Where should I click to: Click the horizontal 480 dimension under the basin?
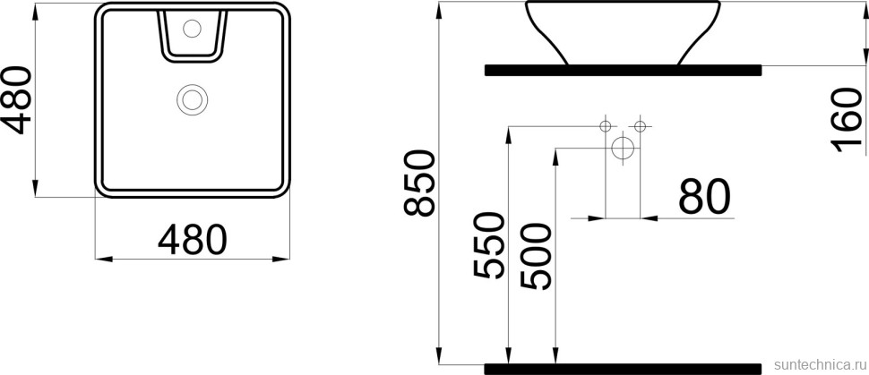(x=192, y=238)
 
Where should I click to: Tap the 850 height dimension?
(x=418, y=184)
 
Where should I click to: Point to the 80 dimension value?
(x=703, y=197)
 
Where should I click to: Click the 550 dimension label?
(x=488, y=246)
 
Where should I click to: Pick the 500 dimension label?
(x=536, y=255)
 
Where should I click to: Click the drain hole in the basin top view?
(x=192, y=98)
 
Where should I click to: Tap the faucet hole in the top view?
(x=191, y=30)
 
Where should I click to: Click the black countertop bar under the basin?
(x=623, y=69)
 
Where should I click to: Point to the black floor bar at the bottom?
(x=623, y=368)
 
